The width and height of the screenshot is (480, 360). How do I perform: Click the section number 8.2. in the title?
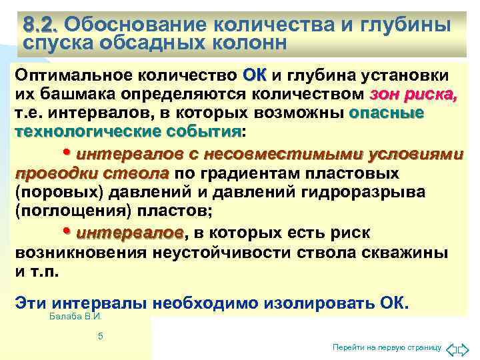pos(40,25)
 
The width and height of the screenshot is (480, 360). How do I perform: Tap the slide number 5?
pos(100,337)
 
